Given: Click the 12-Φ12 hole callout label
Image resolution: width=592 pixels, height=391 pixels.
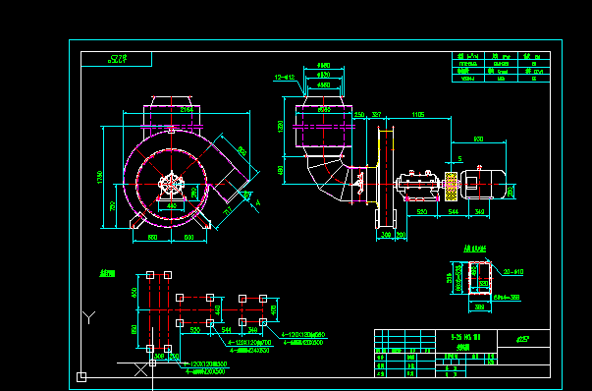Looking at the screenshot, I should (285, 77).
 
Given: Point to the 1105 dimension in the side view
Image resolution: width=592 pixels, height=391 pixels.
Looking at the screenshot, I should (419, 115).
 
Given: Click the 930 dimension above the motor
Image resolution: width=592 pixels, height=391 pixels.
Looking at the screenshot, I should (478, 139).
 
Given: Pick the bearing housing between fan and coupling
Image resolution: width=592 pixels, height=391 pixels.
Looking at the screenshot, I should (416, 182).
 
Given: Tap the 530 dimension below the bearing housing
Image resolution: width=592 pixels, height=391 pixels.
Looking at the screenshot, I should (421, 211).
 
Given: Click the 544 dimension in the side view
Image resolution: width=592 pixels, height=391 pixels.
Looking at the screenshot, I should (454, 211).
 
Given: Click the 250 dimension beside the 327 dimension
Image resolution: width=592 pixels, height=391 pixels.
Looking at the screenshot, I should (359, 115).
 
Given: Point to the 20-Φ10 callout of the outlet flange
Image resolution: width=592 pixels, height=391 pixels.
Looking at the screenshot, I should (511, 271).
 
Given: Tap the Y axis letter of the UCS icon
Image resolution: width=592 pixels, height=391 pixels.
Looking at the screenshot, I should (89, 316).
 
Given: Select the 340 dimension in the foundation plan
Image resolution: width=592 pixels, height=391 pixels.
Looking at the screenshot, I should (251, 331).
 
